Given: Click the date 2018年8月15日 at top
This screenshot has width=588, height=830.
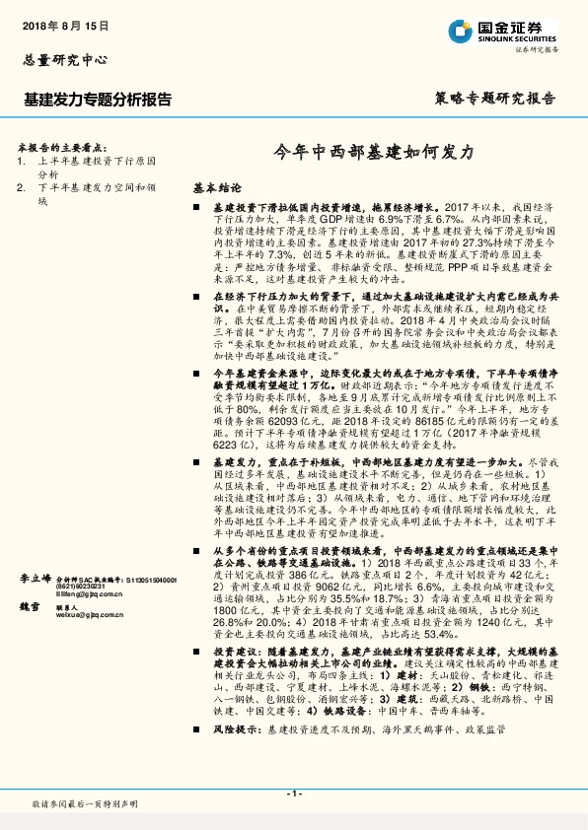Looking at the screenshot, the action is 65,23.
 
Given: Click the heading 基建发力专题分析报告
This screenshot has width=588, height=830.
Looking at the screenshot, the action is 97,100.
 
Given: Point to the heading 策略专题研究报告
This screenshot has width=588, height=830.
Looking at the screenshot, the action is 494,99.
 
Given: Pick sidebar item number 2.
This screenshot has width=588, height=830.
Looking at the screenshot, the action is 21,186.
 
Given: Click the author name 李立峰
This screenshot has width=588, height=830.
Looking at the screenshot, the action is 34,581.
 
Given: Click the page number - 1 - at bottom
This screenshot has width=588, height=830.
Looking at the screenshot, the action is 293,794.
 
